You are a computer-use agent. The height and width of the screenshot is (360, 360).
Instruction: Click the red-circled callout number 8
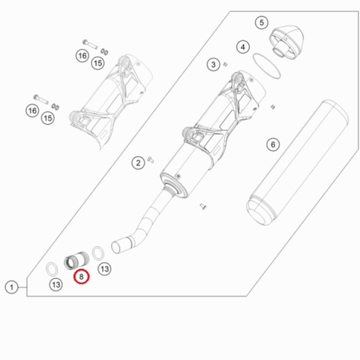tap(81, 277)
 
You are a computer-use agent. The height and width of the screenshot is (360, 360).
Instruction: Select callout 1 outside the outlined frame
tap(11, 287)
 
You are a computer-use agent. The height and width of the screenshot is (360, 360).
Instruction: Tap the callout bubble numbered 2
tap(138, 163)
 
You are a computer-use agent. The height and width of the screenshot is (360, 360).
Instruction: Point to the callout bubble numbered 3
tap(213, 64)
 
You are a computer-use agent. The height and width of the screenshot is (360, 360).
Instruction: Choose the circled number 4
tap(243, 46)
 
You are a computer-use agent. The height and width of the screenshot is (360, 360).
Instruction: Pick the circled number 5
tap(262, 22)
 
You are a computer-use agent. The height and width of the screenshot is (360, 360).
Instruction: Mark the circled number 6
tap(273, 144)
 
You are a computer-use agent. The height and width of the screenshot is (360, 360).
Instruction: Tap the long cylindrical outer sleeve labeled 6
tap(298, 163)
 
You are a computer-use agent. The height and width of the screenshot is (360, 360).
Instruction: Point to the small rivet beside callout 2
tap(151, 160)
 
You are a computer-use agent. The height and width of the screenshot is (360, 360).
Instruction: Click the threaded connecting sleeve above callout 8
tap(76, 260)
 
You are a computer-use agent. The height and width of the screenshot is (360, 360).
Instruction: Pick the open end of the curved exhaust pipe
tap(115, 247)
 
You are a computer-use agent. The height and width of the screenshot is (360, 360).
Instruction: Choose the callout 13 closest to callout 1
tap(56, 284)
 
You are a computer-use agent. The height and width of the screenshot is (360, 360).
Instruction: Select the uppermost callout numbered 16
tap(82, 55)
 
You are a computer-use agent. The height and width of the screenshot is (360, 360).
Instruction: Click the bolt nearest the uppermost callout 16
tap(89, 44)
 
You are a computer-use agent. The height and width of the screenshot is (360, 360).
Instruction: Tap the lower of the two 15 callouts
tap(48, 118)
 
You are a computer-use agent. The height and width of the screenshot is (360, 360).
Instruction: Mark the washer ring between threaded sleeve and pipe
tap(98, 253)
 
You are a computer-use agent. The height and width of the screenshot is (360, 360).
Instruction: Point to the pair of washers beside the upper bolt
tap(104, 52)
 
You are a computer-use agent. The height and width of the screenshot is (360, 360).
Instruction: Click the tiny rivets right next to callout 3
tap(225, 64)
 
